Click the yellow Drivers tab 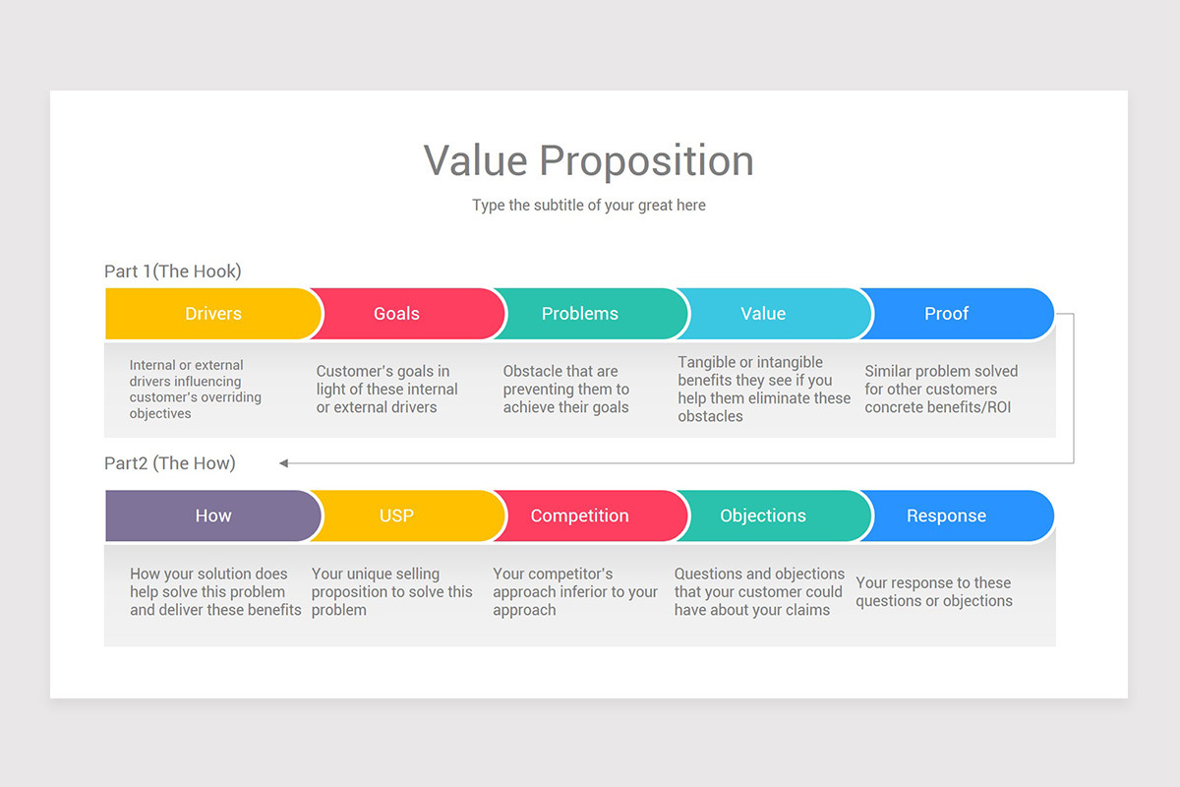pyautogui.click(x=212, y=314)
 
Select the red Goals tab pyautogui.click(x=397, y=314)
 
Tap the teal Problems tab pyautogui.click(x=580, y=314)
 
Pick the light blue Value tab pyautogui.click(x=763, y=314)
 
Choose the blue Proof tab pyautogui.click(x=946, y=314)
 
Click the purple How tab pyautogui.click(x=212, y=515)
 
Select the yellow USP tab pyautogui.click(x=397, y=515)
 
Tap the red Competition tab pyautogui.click(x=580, y=515)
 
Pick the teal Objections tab pyautogui.click(x=763, y=515)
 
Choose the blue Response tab pyautogui.click(x=946, y=515)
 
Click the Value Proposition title pyautogui.click(x=588, y=160)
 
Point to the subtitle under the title pyautogui.click(x=588, y=206)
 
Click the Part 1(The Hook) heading pyautogui.click(x=173, y=272)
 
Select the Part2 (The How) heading pyautogui.click(x=170, y=463)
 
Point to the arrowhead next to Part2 pyautogui.click(x=284, y=462)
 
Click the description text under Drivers pyautogui.click(x=195, y=390)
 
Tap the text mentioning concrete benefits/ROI pyautogui.click(x=940, y=390)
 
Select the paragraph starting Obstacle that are pyautogui.click(x=565, y=390)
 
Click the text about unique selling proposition pyautogui.click(x=391, y=592)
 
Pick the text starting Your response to pyautogui.click(x=933, y=592)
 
